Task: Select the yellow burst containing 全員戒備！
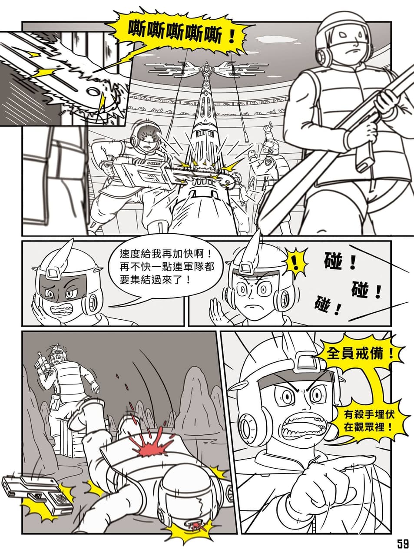(361, 354)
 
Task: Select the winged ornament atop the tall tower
(205, 68)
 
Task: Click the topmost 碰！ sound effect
(340, 261)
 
